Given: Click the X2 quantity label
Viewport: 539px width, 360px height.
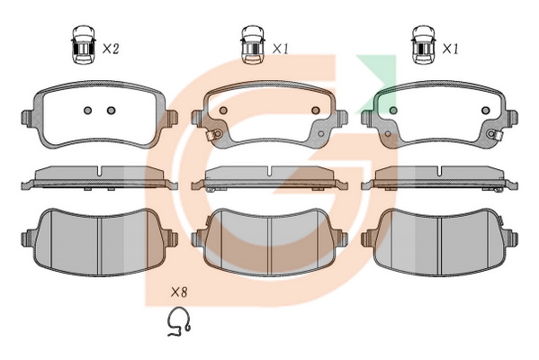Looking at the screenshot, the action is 111,49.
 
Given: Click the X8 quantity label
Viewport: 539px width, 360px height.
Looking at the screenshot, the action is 179,292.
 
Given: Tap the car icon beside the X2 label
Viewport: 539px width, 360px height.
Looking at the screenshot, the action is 83,44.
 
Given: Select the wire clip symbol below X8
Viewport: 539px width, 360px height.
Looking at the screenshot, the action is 178,321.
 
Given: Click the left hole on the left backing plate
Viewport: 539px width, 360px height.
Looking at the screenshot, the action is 88,111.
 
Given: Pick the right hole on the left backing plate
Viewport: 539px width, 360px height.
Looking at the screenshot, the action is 111,111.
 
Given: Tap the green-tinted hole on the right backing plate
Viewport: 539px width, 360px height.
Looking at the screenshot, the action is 393,111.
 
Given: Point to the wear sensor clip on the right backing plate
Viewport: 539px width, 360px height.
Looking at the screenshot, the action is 494,134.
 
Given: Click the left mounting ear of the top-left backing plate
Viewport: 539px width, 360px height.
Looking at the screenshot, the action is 28,118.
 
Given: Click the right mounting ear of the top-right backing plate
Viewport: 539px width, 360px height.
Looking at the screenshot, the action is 512,118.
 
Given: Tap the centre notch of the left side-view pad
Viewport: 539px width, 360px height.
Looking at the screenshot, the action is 99,171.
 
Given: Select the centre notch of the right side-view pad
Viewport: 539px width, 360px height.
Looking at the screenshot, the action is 439,171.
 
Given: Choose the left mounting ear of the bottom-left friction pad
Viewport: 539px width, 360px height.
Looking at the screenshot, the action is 28,238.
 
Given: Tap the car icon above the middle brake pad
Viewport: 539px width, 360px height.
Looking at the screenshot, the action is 253,44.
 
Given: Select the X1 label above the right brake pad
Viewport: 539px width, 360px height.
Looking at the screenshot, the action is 450,49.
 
